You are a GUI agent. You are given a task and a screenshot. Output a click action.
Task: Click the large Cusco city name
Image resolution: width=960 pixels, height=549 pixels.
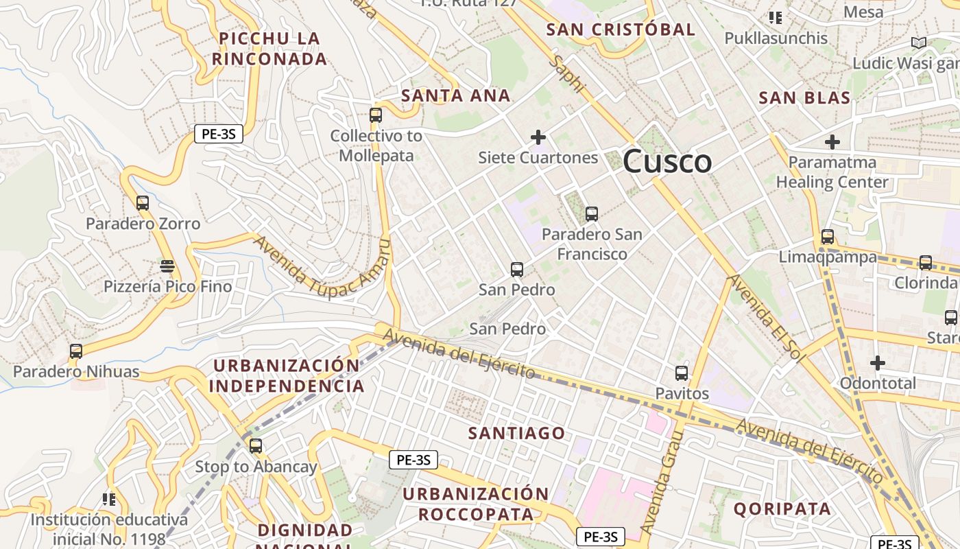(x=667, y=162)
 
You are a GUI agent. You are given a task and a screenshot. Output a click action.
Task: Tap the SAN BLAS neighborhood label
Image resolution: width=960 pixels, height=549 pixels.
(x=804, y=98)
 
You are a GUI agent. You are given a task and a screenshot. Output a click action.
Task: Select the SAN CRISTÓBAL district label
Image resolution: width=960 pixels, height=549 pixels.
(x=621, y=30)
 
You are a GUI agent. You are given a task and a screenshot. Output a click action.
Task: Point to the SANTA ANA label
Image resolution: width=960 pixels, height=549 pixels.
(x=456, y=96)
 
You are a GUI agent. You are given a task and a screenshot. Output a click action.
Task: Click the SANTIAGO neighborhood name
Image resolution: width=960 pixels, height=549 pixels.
(x=516, y=433)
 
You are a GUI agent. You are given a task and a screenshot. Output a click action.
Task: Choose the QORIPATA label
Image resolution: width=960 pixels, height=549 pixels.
(x=782, y=509)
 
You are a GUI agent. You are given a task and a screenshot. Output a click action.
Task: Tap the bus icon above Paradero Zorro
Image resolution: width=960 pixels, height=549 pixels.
(x=143, y=203)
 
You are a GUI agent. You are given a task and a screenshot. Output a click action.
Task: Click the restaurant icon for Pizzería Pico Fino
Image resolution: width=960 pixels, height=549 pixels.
(x=167, y=266)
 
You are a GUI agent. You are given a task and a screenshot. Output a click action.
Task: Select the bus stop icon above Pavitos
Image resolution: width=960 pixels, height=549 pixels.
(x=681, y=373)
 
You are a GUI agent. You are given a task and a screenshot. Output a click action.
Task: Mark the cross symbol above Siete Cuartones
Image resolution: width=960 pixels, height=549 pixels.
(x=538, y=137)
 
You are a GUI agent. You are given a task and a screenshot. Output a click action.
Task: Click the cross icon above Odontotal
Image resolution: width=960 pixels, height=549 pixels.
(x=877, y=362)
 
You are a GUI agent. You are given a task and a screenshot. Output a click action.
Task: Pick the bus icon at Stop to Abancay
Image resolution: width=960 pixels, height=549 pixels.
(x=256, y=446)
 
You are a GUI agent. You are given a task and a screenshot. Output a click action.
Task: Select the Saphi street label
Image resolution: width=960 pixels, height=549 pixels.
(x=568, y=73)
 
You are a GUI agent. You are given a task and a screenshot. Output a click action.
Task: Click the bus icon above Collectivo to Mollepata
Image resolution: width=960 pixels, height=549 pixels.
(x=375, y=115)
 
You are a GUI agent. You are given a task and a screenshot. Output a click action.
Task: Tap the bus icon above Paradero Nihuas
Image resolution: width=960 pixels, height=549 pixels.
(x=76, y=351)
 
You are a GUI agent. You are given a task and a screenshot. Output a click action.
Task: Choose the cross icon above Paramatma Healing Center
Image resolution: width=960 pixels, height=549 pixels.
(x=832, y=142)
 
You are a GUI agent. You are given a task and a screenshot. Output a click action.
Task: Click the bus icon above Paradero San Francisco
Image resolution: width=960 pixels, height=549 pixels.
(x=591, y=213)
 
